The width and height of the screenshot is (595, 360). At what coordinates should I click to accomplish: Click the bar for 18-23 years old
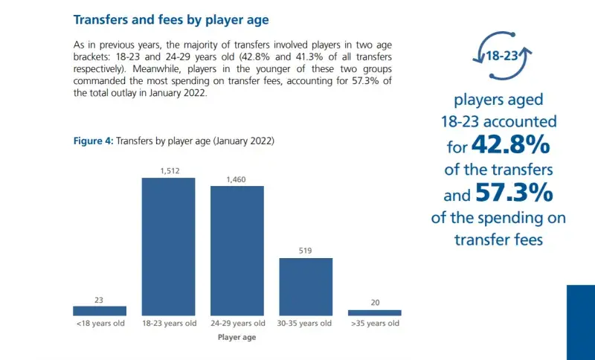click(x=168, y=246)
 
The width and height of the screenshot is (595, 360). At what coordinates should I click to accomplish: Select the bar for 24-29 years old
click(x=237, y=251)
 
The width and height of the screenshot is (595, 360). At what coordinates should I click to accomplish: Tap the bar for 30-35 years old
click(x=306, y=286)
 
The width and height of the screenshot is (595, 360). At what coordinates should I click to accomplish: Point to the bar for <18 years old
click(x=100, y=311)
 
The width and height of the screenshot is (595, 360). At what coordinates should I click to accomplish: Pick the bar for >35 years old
click(x=374, y=312)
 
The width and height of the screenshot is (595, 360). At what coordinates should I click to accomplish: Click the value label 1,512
click(x=168, y=171)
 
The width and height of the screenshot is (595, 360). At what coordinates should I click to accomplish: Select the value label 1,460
click(x=237, y=179)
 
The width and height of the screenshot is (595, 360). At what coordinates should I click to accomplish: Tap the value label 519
click(x=306, y=251)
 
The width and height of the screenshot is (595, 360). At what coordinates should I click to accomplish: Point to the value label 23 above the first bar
click(x=100, y=300)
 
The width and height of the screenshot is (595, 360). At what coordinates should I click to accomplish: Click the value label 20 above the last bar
click(x=374, y=303)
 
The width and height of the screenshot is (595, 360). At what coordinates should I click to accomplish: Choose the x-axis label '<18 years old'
click(x=100, y=324)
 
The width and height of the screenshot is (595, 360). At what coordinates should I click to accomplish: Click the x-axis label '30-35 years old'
click(x=306, y=324)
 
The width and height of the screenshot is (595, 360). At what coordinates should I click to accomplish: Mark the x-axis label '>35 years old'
click(x=374, y=324)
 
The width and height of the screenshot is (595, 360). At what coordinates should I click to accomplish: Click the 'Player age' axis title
click(x=237, y=337)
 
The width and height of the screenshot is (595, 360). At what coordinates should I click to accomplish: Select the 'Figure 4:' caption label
click(x=92, y=141)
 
